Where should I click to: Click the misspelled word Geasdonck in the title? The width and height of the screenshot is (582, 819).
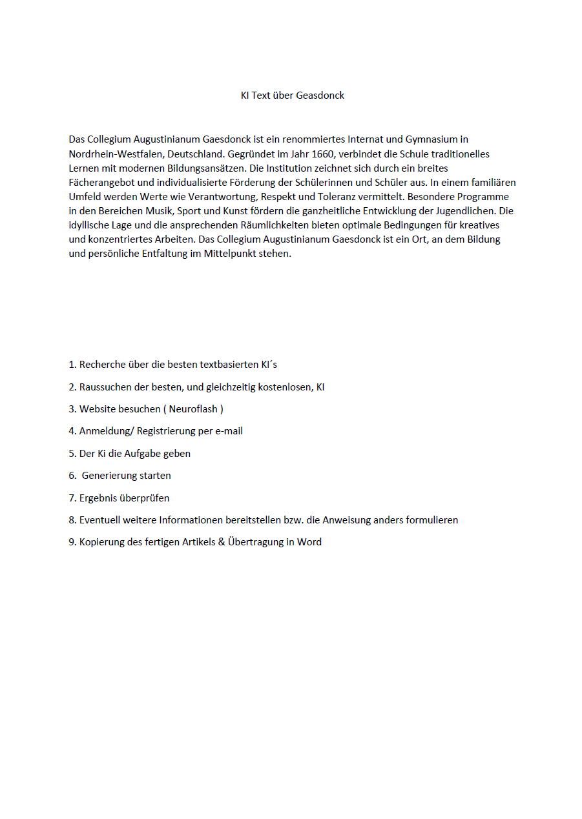coord(320,96)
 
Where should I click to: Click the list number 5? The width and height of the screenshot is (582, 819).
coord(72,454)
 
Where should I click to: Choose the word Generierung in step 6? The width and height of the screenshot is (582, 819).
coord(111,476)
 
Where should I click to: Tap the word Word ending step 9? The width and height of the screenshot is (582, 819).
coord(309,542)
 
